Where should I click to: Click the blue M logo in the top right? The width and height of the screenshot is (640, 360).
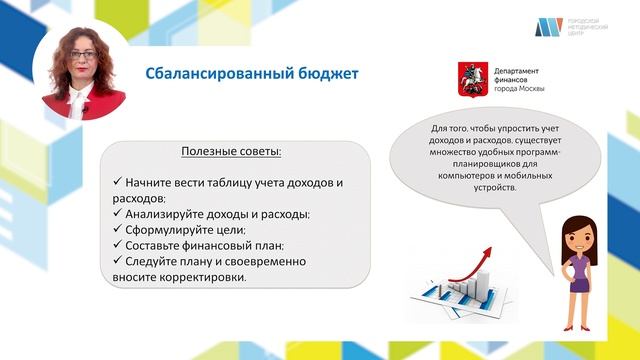(x=546, y=27)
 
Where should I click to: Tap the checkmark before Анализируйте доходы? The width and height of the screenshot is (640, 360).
(x=117, y=214)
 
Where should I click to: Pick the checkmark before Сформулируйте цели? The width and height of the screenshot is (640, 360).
(x=117, y=229)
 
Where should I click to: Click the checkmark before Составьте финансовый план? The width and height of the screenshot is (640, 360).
(x=117, y=245)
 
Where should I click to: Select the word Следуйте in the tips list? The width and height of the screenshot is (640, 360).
(x=152, y=261)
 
